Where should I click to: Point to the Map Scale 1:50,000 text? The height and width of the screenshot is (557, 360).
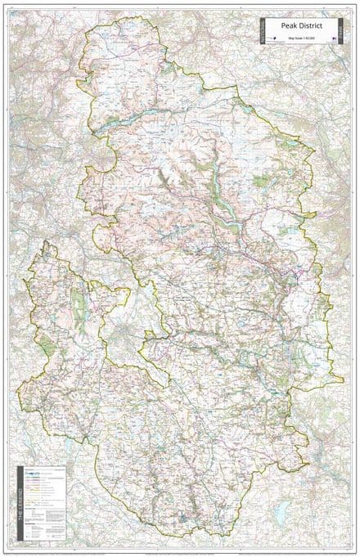coord(300,38)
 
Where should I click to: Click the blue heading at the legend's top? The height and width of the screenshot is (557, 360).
coord(33,469)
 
